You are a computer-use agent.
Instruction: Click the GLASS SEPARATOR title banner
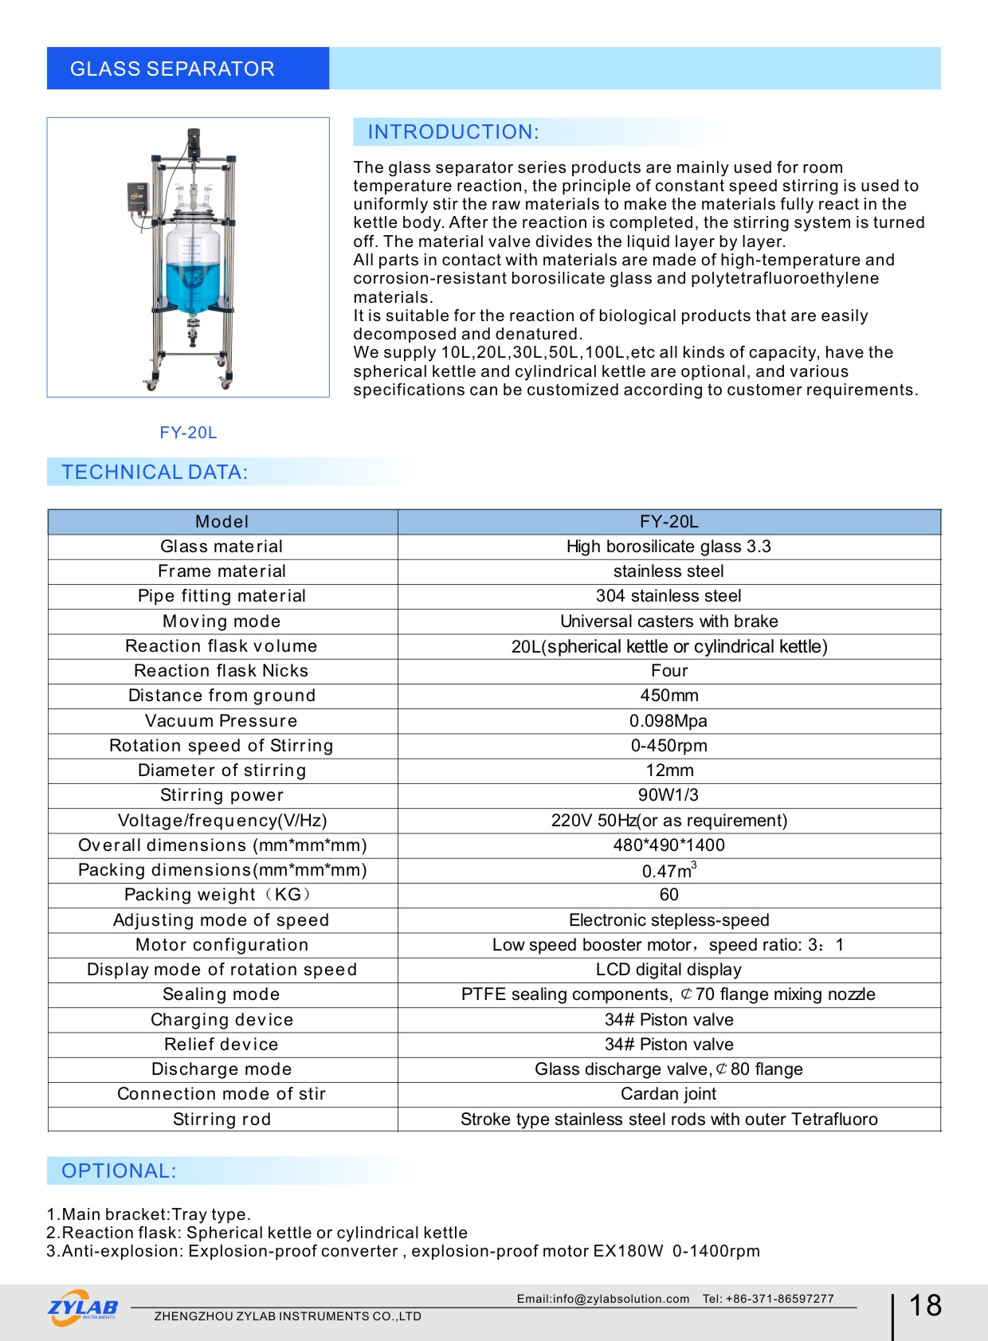172,69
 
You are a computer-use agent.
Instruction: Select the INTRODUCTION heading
453,132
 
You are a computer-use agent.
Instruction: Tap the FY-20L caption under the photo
188,433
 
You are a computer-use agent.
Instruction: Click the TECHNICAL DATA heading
155,472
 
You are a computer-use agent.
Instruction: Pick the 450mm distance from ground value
668,696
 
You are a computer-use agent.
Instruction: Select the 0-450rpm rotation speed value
668,746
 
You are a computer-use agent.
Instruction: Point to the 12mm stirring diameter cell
669,770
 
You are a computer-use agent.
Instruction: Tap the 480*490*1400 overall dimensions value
668,845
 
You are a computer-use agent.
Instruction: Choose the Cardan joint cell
668,1094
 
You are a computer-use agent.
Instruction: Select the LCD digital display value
668,970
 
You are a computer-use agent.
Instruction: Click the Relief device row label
222,1045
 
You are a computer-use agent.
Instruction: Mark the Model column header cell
222,522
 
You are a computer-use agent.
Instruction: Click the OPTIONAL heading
119,1171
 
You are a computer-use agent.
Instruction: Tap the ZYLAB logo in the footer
83,1308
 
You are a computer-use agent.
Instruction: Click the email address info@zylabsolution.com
603,1299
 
